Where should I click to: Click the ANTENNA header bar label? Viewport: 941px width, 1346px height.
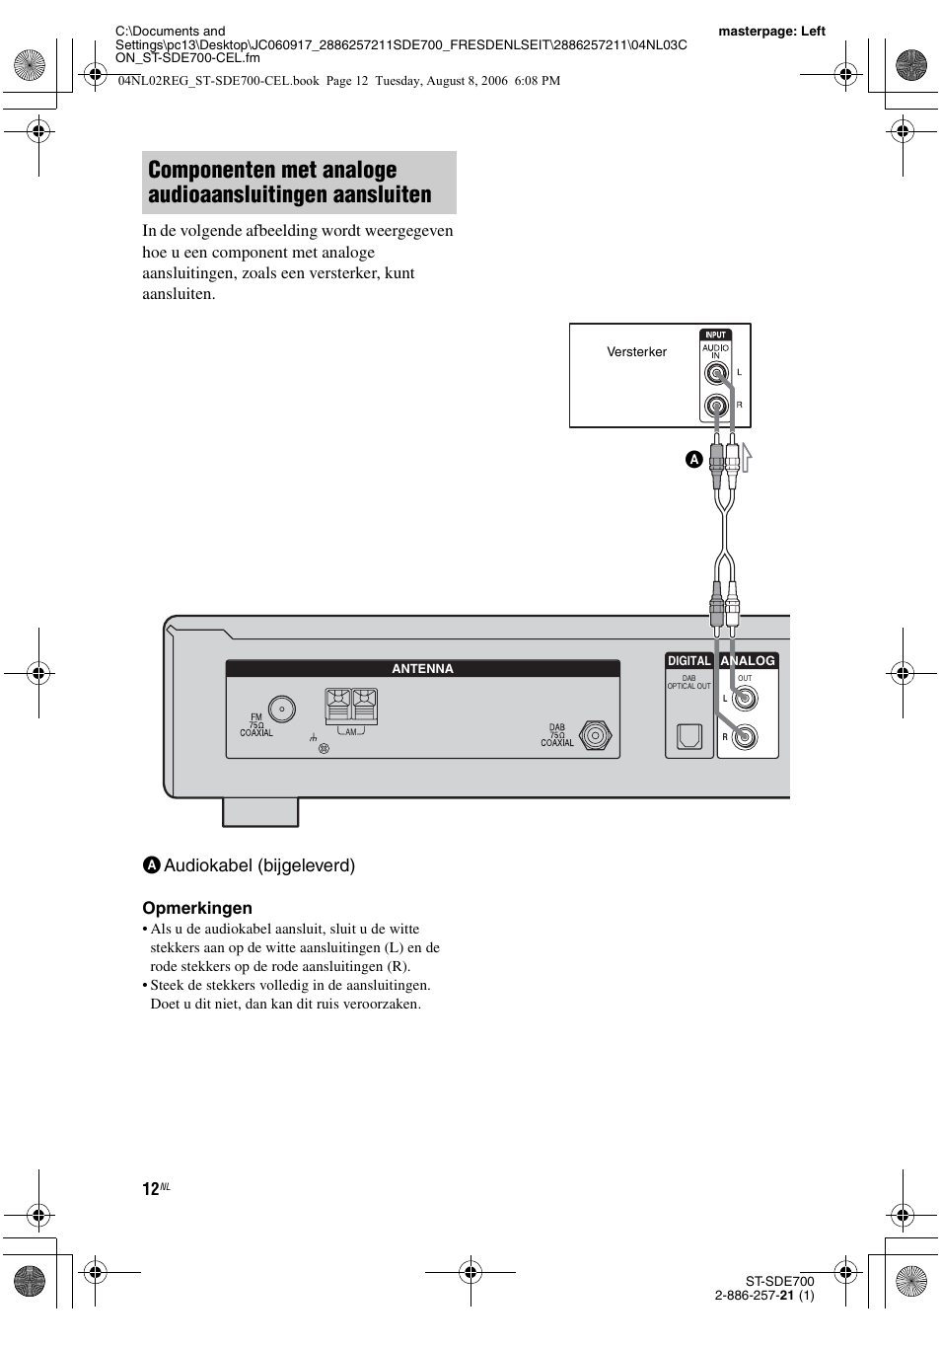click(422, 669)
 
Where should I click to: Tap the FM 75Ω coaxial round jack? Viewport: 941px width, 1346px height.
click(282, 709)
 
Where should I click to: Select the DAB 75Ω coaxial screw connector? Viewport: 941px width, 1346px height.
click(594, 735)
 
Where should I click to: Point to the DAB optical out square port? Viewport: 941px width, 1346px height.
click(688, 736)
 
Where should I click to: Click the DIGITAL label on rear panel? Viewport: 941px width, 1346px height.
click(689, 661)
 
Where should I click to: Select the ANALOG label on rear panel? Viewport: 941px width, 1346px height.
click(748, 661)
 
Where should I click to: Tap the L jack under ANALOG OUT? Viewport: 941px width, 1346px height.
click(745, 699)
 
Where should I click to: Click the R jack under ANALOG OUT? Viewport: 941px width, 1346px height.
click(745, 736)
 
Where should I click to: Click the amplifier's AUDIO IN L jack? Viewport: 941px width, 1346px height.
click(717, 373)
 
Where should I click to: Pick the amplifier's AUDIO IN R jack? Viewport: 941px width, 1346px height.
click(717, 406)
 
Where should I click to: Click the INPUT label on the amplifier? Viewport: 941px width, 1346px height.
click(716, 335)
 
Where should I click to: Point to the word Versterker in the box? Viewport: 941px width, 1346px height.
click(636, 352)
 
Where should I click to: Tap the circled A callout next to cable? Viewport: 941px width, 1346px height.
click(693, 460)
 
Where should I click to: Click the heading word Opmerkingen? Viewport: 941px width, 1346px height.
click(197, 908)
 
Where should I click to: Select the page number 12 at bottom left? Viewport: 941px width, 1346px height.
click(150, 1189)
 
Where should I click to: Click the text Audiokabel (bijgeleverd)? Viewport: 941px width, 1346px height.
click(258, 865)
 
